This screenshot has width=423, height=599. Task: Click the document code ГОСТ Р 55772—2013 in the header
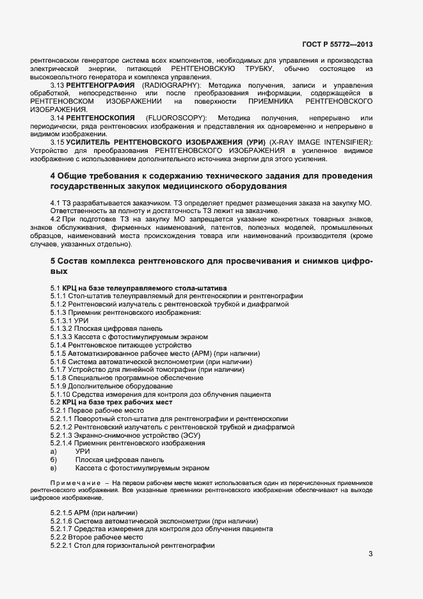point(337,45)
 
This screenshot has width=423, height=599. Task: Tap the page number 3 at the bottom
point(371,554)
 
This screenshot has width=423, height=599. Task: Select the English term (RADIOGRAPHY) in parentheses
point(172,85)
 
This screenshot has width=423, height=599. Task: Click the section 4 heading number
point(52,176)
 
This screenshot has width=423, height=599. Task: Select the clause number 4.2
point(56,219)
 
